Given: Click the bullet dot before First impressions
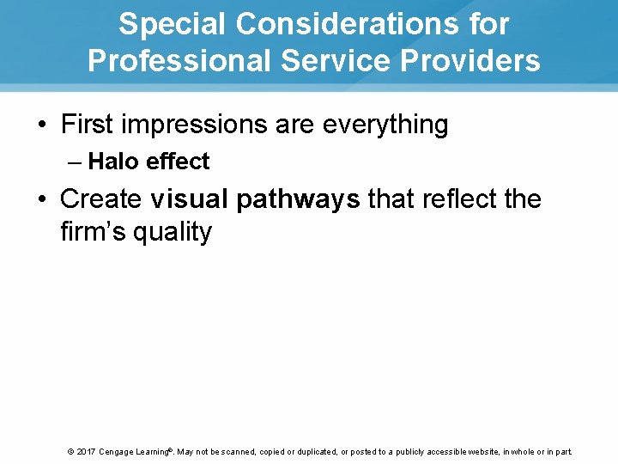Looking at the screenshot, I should pyautogui.click(x=42, y=125).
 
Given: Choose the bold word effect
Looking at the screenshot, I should pyautogui.click(x=176, y=162).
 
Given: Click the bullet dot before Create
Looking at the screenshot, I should pyautogui.click(x=42, y=199).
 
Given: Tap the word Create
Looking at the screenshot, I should pyautogui.click(x=100, y=198).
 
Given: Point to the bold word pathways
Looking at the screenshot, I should pyautogui.click(x=298, y=199).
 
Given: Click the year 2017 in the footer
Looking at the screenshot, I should pyautogui.click(x=86, y=451).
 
